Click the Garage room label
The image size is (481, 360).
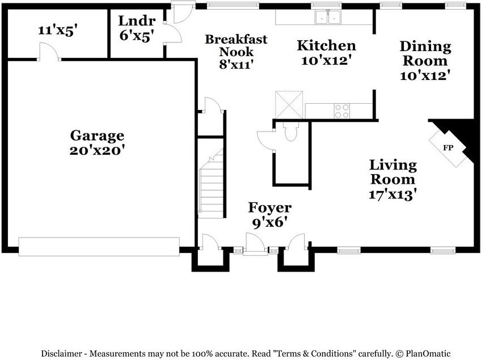tap(96, 135)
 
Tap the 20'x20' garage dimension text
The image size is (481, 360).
tap(96, 151)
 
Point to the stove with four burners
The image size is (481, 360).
tap(341, 111)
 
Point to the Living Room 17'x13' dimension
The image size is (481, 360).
tap(393, 194)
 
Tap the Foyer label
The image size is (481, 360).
tap(270, 208)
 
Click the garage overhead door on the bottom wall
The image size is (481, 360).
tap(99, 245)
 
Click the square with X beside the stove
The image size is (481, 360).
tap(290, 104)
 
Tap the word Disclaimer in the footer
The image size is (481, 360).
tap(62, 353)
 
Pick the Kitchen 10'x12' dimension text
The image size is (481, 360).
tap(326, 60)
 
